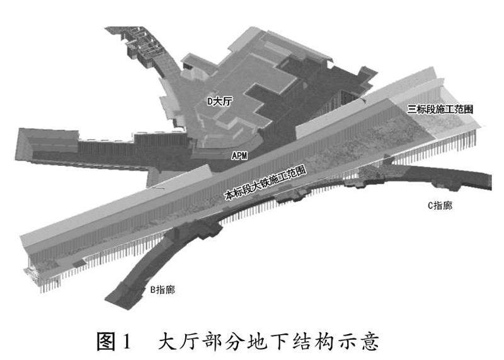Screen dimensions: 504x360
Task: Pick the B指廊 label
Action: pyautogui.click(x=163, y=290)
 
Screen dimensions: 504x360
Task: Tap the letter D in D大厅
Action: pyautogui.click(x=210, y=100)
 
